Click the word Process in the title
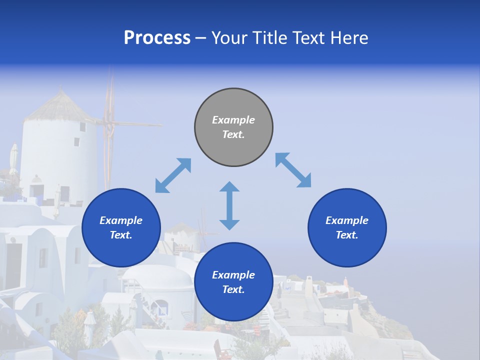[157, 37]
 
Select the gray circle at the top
[233, 127]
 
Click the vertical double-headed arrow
[229, 205]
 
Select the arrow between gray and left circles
[173, 175]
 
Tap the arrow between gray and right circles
[293, 170]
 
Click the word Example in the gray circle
[233, 120]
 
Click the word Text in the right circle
[346, 235]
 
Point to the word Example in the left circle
[121, 220]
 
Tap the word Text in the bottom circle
[233, 289]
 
